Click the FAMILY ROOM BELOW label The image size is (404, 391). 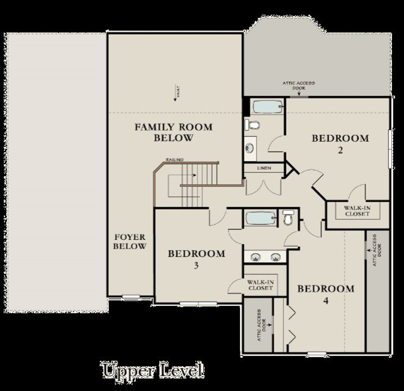pyautogui.click(x=173, y=133)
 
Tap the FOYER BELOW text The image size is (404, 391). pyautogui.click(x=130, y=242)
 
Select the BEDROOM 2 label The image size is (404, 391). pyautogui.click(x=340, y=144)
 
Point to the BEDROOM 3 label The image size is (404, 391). pyautogui.click(x=196, y=259)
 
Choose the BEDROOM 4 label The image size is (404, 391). pyautogui.click(x=326, y=294)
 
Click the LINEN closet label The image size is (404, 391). pyautogui.click(x=264, y=168)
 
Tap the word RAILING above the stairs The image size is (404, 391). pyautogui.click(x=175, y=160)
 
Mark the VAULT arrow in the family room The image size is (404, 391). pyautogui.click(x=175, y=94)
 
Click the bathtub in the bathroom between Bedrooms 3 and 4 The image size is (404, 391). pyautogui.click(x=261, y=218)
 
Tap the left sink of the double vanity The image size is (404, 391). pyautogui.click(x=255, y=257)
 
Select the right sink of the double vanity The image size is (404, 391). pyautogui.click(x=276, y=257)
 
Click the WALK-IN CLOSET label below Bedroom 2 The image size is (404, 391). pyautogui.click(x=357, y=211)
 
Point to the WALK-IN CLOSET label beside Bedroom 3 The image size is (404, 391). pyautogui.click(x=260, y=285)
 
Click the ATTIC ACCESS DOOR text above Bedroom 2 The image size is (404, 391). pyautogui.click(x=298, y=86)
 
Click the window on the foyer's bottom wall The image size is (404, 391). pyautogui.click(x=131, y=296)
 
